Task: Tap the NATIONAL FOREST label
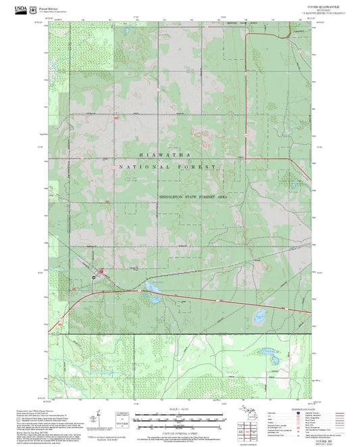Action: pos(167,166)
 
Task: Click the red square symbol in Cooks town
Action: pos(101,271)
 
